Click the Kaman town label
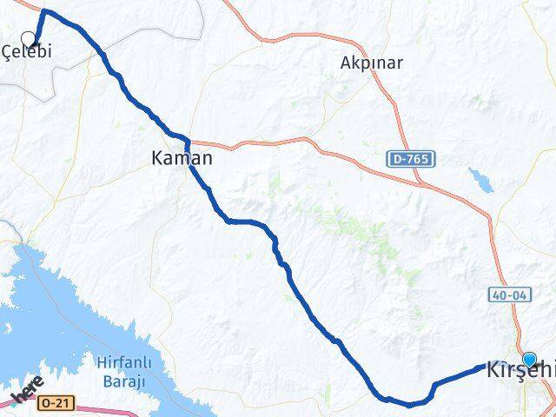[x=182, y=159]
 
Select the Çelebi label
[x=27, y=52]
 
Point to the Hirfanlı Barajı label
[x=121, y=371]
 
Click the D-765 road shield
[x=409, y=159]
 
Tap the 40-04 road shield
[x=509, y=295]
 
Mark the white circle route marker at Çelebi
[x=29, y=38]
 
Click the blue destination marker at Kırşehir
[x=530, y=358]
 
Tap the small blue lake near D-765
[x=478, y=180]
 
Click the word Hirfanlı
[x=121, y=362]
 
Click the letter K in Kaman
[x=157, y=159]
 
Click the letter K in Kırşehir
[x=494, y=368]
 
